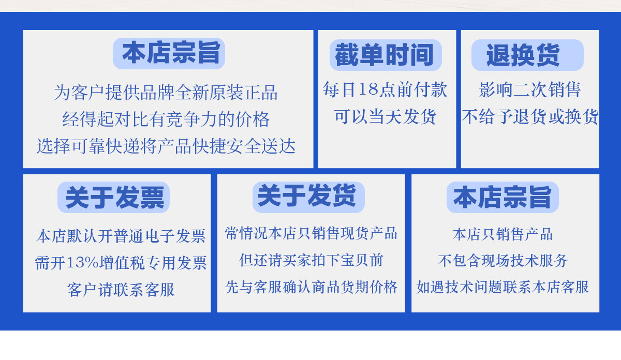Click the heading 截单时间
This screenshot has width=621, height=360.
tap(384, 55)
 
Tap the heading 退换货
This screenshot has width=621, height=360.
tap(523, 55)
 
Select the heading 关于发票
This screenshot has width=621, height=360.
tap(115, 197)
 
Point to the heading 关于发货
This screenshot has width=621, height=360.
tap(306, 196)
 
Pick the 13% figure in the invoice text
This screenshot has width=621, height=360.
tap(82, 262)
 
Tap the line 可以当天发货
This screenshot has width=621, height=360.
tap(385, 117)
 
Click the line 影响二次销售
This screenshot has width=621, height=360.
tap(529, 90)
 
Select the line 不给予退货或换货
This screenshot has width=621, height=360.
tap(530, 117)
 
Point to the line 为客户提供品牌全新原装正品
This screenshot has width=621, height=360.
tap(166, 92)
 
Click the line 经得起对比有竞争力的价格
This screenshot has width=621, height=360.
tap(166, 119)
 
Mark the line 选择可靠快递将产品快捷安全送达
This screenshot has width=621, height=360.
tap(166, 146)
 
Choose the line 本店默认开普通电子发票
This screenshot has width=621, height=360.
tap(121, 236)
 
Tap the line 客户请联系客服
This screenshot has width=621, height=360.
tap(121, 290)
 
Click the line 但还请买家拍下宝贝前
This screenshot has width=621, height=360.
tap(311, 260)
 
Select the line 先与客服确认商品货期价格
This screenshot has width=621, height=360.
tap(311, 287)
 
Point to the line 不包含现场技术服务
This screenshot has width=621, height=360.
tap(502, 261)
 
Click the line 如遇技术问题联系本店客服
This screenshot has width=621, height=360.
tap(502, 287)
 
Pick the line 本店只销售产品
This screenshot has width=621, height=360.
tap(502, 234)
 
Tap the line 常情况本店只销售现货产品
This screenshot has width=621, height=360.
tap(311, 233)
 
